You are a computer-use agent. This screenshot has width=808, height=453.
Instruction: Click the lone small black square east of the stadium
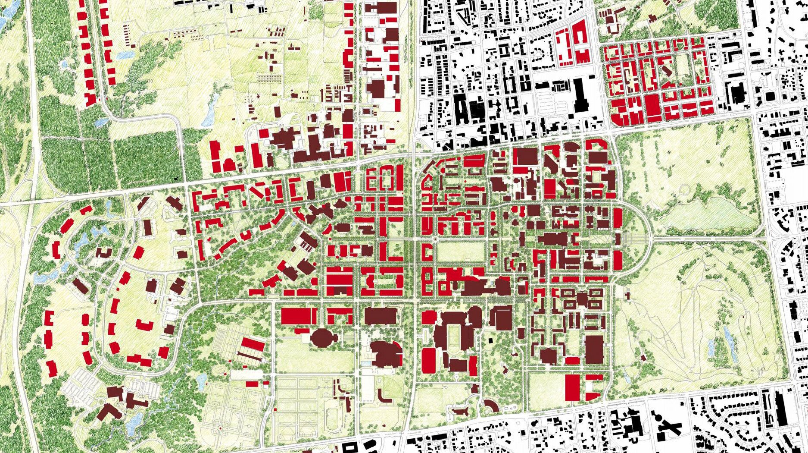pos(490,341)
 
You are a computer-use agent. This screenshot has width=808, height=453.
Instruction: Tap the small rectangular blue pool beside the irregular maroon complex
pos(367,363)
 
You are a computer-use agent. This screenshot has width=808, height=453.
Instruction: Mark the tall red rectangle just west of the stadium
pos(428,361)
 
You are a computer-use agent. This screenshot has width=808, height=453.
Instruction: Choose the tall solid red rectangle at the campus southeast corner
pos(572,387)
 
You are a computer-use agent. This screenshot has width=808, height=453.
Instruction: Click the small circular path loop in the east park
pos(684,188)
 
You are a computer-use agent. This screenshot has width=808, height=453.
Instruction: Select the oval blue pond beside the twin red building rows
pos(125,55)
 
